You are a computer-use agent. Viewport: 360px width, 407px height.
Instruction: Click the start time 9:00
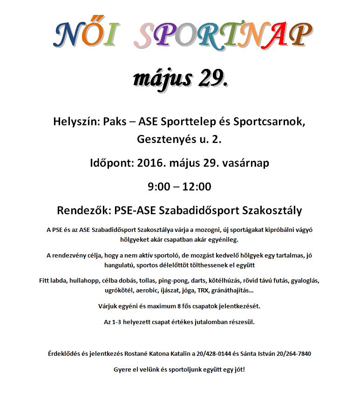[x=158, y=187]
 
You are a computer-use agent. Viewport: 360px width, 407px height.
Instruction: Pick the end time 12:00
[x=197, y=187]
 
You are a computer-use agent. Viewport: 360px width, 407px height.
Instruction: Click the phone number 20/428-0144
[x=216, y=353]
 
